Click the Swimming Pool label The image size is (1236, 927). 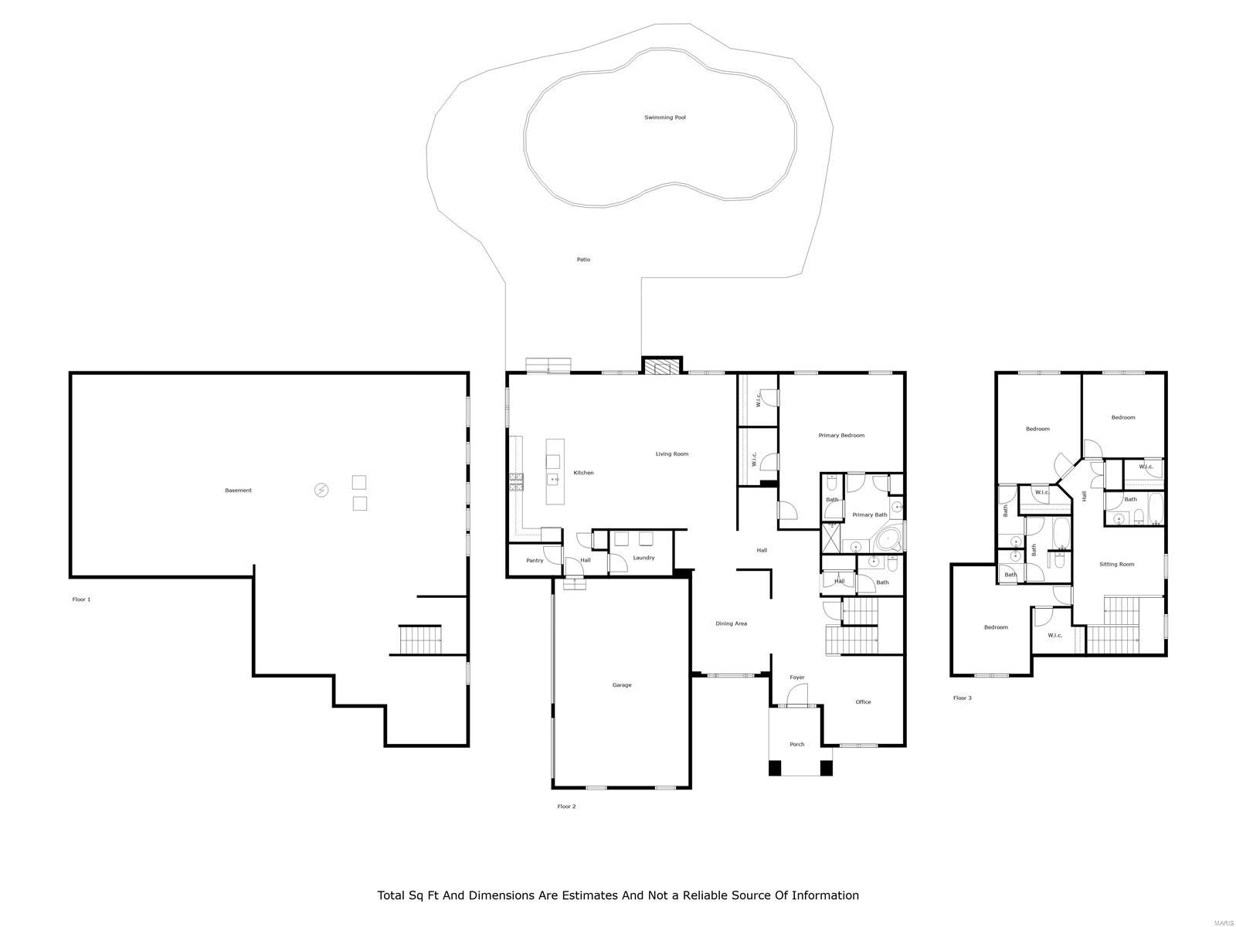[665, 117]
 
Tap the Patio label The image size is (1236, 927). [583, 260]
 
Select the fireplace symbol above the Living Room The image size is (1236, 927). [662, 366]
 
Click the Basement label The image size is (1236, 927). [238, 491]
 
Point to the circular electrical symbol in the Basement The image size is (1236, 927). [321, 490]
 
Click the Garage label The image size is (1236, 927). [622, 685]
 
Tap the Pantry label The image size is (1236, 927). [535, 560]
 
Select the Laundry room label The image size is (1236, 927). [643, 558]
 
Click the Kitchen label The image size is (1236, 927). [583, 473]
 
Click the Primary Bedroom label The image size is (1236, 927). [841, 436]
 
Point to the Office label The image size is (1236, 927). [863, 702]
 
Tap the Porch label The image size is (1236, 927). [796, 745]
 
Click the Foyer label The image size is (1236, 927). [796, 677]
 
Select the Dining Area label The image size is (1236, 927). [731, 623]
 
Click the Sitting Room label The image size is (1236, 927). [1116, 565]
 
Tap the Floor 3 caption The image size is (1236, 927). [962, 698]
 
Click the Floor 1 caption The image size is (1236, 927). [81, 599]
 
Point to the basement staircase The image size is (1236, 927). [419, 640]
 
